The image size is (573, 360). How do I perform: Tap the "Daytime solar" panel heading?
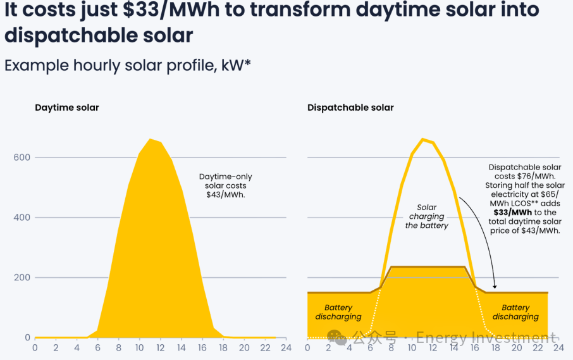[67, 108]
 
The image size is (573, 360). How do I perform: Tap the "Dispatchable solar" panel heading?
[350, 108]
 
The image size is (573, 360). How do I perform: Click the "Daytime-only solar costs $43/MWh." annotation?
[225, 186]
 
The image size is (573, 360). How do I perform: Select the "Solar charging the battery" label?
[427, 216]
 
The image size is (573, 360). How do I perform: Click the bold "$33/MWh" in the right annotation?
[513, 213]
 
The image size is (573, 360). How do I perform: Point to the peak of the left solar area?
[150, 139]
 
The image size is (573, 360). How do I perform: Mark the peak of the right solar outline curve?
[422, 139]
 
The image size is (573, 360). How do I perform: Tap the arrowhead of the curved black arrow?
[495, 289]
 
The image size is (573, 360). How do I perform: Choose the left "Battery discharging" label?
[338, 312]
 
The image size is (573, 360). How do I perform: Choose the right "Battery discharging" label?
[515, 312]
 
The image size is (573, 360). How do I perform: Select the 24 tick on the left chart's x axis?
[286, 347]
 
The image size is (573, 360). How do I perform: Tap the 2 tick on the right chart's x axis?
[328, 347]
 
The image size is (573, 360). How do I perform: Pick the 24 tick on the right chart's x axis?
[558, 347]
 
